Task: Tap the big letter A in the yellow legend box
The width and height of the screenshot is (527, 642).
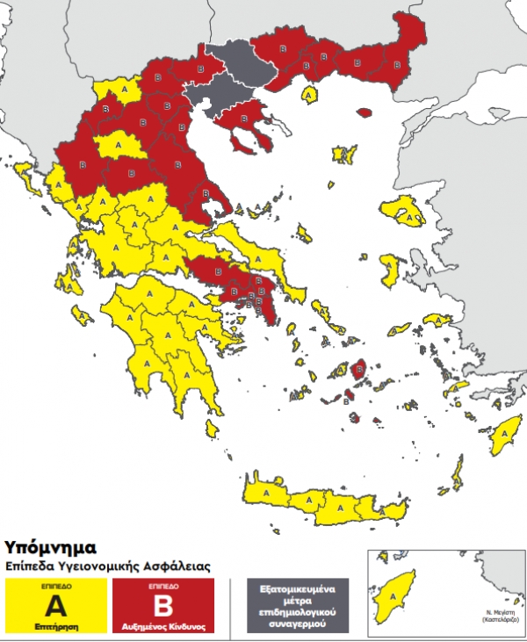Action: point(56,605)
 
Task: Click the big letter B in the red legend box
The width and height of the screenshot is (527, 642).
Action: point(163,605)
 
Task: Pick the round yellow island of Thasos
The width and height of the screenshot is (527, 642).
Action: point(309,93)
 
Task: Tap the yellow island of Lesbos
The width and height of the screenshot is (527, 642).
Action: point(401,211)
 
